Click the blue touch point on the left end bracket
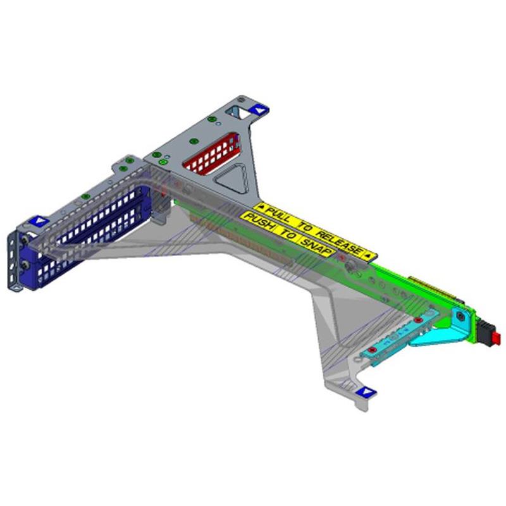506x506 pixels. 39,221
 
